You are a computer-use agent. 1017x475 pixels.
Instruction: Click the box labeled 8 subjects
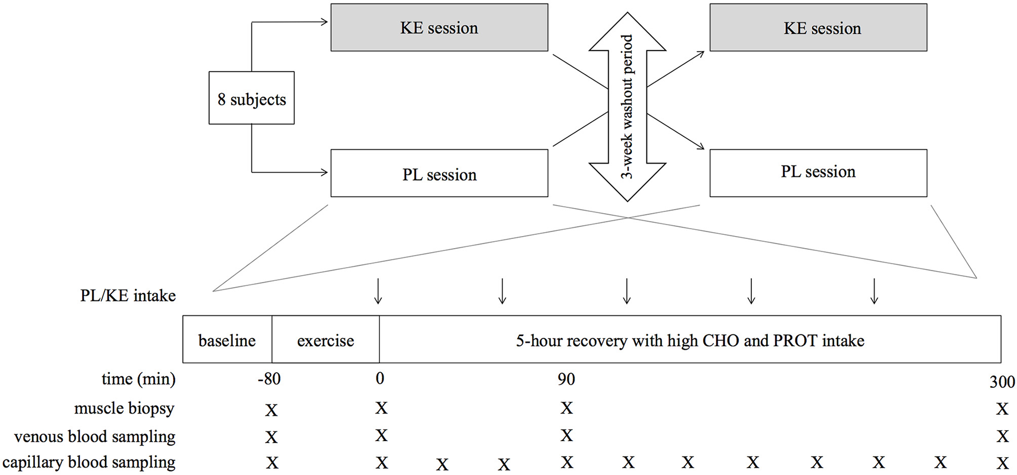click(251, 98)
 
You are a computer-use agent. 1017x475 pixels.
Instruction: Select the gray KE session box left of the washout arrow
click(439, 28)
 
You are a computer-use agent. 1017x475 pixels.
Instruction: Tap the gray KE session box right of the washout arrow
click(818, 28)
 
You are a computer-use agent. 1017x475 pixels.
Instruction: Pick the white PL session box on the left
click(439, 173)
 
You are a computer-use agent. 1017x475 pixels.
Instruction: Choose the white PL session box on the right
click(818, 172)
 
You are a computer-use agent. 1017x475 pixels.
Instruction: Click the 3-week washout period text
click(627, 106)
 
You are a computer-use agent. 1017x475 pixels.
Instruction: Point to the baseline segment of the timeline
click(227, 340)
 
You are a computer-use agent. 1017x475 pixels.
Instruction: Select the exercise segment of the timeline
click(325, 340)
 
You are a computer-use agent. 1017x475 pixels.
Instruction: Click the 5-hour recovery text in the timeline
click(690, 340)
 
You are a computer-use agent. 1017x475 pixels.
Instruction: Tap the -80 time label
click(269, 379)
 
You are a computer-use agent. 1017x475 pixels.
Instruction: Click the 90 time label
click(566, 379)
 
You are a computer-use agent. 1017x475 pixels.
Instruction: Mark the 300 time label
click(1002, 382)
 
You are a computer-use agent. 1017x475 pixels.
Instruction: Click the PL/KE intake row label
click(128, 296)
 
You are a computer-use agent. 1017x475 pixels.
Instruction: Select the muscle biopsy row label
click(124, 408)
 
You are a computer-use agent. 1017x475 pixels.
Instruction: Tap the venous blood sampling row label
click(95, 437)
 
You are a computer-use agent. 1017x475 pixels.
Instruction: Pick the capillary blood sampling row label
click(89, 462)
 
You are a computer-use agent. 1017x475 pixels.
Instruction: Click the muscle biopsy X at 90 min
click(566, 408)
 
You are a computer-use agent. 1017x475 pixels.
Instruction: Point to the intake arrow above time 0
click(378, 291)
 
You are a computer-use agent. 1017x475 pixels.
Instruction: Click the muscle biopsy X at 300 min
click(1002, 409)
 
